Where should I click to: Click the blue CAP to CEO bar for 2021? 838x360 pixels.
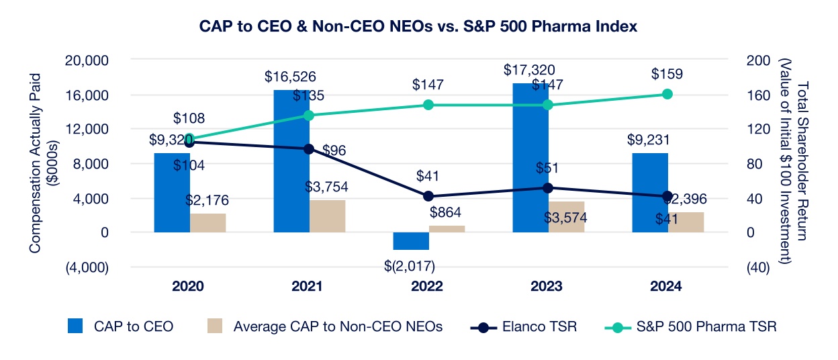click(x=291, y=161)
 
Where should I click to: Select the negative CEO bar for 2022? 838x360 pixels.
click(x=410, y=241)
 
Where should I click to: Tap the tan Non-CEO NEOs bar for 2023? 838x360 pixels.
click(x=566, y=217)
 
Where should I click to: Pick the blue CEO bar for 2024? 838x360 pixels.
click(x=649, y=193)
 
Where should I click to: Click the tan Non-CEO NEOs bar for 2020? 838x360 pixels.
click(x=207, y=223)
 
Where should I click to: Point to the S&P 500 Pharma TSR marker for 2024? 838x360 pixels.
click(x=667, y=94)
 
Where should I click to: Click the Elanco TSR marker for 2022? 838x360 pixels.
click(x=428, y=196)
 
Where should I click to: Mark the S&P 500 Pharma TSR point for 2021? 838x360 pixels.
click(x=309, y=116)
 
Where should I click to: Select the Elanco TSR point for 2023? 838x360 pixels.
click(x=548, y=188)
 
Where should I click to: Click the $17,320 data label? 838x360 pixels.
click(x=530, y=69)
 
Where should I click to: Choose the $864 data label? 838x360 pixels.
click(x=447, y=213)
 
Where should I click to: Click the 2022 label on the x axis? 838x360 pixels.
click(x=428, y=286)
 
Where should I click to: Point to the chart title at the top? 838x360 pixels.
click(x=418, y=27)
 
